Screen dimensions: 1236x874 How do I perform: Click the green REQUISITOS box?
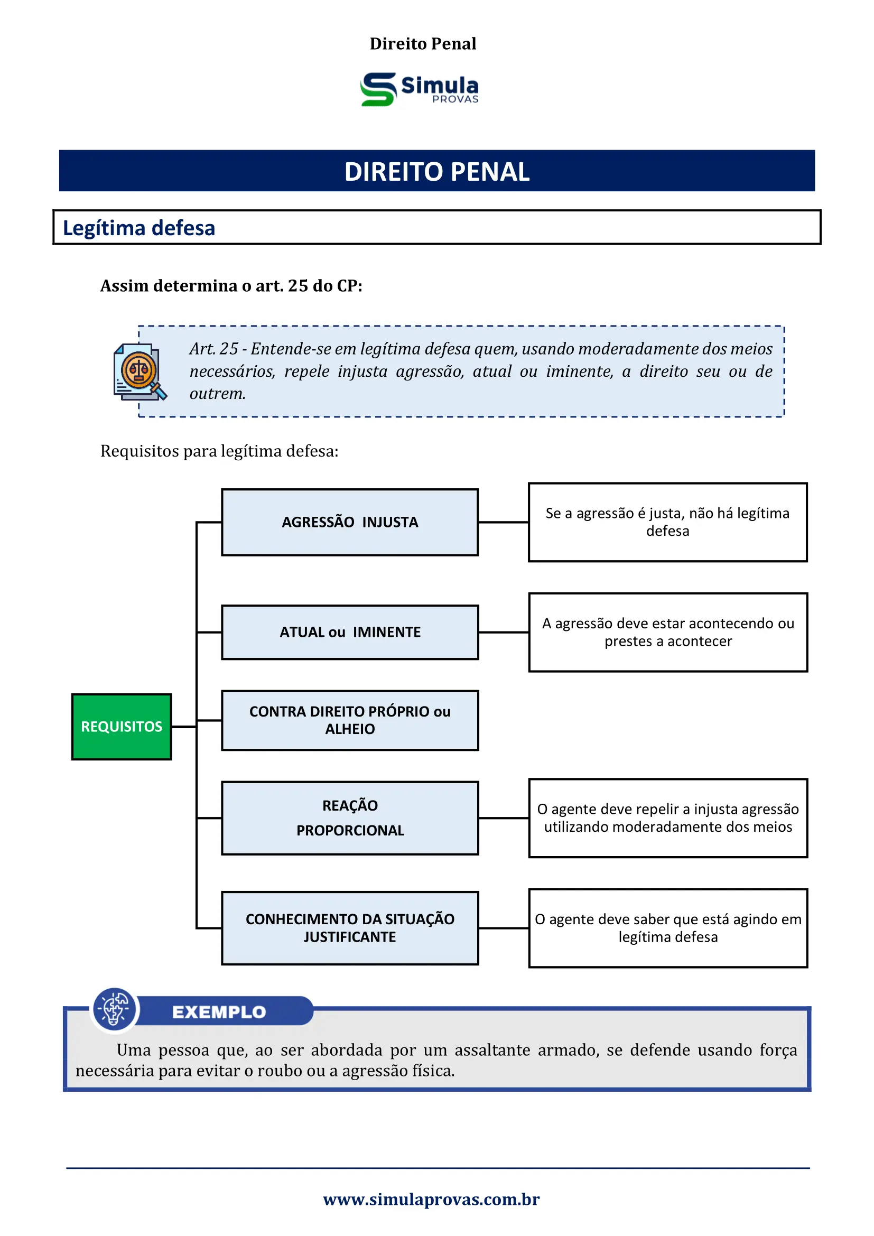122,727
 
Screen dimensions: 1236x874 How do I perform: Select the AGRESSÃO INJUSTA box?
350,522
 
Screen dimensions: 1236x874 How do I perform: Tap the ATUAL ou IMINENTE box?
350,632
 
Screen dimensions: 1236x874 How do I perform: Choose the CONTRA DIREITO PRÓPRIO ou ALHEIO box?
350,720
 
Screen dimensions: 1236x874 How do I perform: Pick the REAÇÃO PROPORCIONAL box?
350,817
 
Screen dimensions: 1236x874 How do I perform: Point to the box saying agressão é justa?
667,522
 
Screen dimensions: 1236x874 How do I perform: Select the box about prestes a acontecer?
668,632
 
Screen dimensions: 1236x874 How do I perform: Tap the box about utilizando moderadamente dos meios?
668,817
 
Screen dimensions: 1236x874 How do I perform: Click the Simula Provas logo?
420,89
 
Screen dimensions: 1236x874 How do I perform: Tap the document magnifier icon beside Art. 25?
140,372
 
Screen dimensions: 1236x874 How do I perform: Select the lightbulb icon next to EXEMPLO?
114,1009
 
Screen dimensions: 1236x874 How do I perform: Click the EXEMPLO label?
219,1012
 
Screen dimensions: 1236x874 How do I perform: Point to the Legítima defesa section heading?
139,228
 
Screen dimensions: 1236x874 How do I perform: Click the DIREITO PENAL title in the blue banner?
436,171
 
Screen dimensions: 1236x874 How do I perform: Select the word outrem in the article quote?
217,394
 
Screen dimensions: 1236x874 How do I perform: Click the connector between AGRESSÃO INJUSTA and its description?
503,522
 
